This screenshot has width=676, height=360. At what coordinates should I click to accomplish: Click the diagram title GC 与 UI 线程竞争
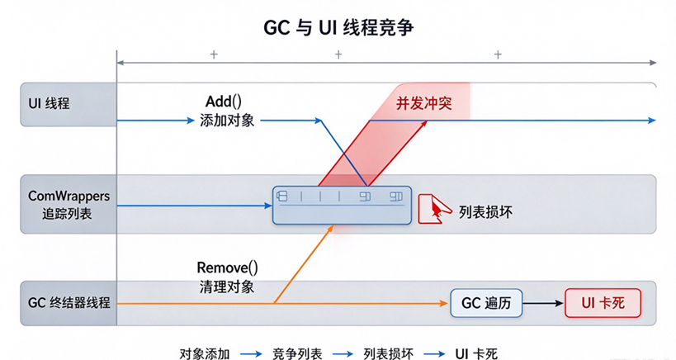(338, 27)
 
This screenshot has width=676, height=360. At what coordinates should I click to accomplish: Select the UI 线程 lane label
(49, 104)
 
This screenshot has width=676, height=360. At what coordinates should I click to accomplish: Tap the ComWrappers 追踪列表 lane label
(69, 205)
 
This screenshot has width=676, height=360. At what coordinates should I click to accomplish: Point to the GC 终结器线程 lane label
(69, 303)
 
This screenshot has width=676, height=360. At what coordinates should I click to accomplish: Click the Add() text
(224, 102)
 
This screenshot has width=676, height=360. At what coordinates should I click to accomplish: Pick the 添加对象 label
(227, 121)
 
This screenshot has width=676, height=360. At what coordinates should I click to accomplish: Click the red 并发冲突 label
(423, 103)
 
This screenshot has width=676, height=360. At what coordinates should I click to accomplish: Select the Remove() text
(227, 268)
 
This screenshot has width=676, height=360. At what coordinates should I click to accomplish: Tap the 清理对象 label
(227, 287)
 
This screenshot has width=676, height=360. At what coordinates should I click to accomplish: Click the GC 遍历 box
(486, 303)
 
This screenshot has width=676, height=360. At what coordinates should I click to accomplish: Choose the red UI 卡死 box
(603, 303)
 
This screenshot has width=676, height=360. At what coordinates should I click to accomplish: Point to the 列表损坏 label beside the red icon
(485, 212)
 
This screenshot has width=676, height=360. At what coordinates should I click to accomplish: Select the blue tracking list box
(342, 206)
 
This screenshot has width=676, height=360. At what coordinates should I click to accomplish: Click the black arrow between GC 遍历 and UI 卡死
(543, 303)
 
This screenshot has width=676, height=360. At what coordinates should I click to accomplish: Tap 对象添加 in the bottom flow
(205, 354)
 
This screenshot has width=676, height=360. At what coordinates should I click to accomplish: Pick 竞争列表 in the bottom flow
(297, 354)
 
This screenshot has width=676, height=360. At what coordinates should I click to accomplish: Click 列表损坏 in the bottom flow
(389, 354)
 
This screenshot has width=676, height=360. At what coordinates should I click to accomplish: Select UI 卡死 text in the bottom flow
(476, 354)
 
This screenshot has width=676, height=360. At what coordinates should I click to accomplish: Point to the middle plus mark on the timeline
(338, 54)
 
